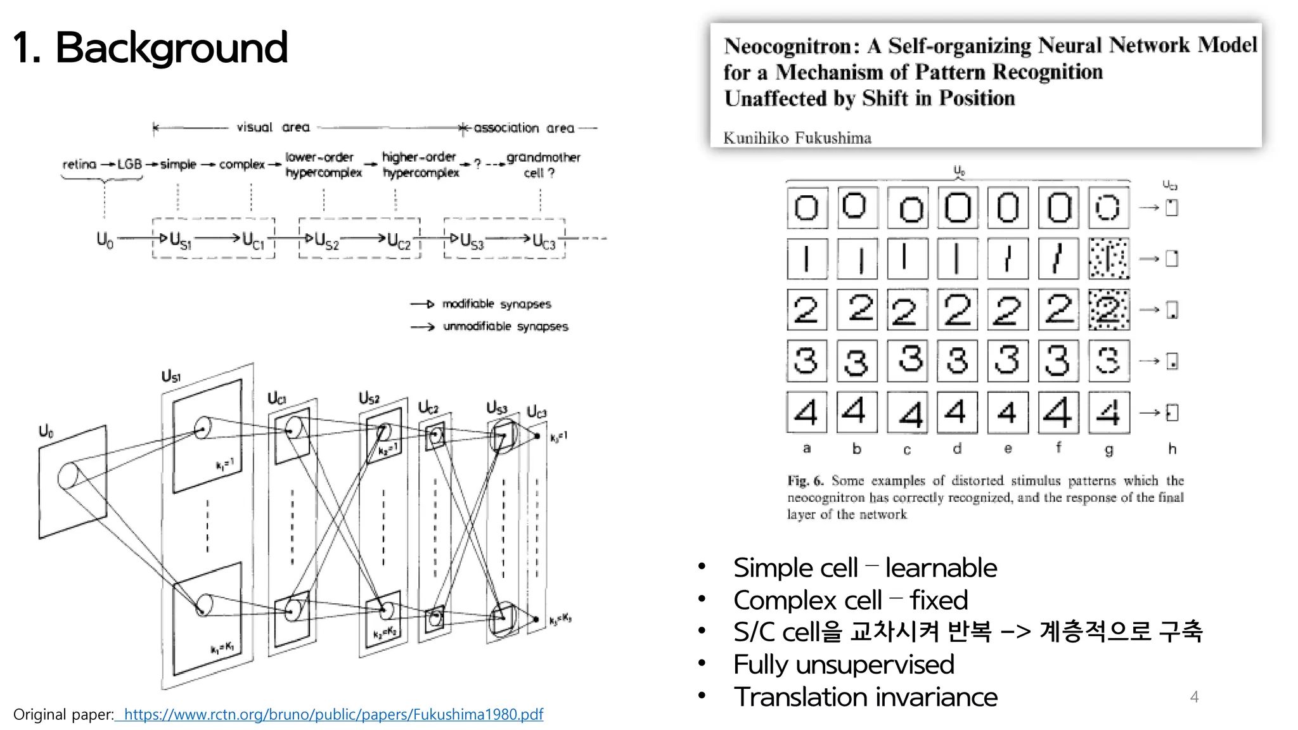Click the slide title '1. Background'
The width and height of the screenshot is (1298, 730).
point(150,48)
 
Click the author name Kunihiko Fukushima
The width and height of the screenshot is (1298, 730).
point(797,138)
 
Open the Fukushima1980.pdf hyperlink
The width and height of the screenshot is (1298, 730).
point(333,714)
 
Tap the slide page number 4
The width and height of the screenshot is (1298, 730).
point(1194,697)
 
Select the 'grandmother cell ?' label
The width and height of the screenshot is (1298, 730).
point(543,165)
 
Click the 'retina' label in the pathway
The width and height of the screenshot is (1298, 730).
point(79,164)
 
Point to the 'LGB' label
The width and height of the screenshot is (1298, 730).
point(129,164)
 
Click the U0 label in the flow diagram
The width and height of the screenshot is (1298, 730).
point(105,240)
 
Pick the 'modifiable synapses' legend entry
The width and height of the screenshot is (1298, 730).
point(496,304)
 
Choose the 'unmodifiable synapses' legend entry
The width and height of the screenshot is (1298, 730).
point(505,326)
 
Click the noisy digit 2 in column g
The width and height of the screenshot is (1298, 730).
point(1108,310)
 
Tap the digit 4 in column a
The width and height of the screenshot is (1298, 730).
point(806,412)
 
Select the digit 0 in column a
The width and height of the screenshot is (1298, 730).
point(807,207)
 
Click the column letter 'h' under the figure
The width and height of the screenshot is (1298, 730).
point(1172,449)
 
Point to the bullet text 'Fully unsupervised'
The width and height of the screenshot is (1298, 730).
point(843,665)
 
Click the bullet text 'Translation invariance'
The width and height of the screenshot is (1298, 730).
point(865,697)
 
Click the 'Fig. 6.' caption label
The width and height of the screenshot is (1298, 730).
point(805,481)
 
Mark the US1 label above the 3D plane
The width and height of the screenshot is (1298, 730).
point(171,376)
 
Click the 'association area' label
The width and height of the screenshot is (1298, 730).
point(524,128)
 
